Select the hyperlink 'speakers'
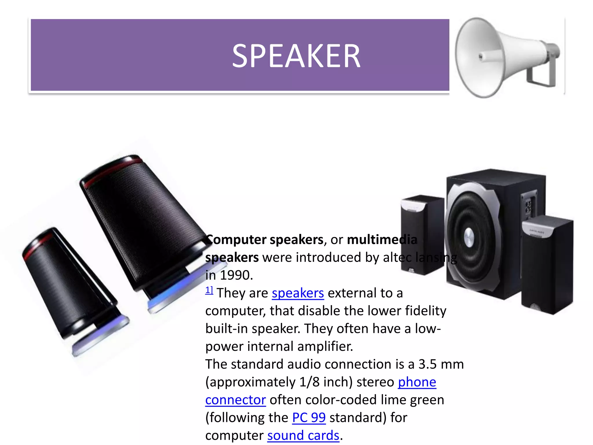tap(298, 293)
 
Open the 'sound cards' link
tap(303, 435)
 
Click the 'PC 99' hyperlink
tap(309, 418)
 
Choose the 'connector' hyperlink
tap(235, 400)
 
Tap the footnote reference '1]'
tap(209, 290)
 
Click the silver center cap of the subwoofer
tap(469, 237)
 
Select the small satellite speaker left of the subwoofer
tap(421, 235)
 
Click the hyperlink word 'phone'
tap(417, 382)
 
